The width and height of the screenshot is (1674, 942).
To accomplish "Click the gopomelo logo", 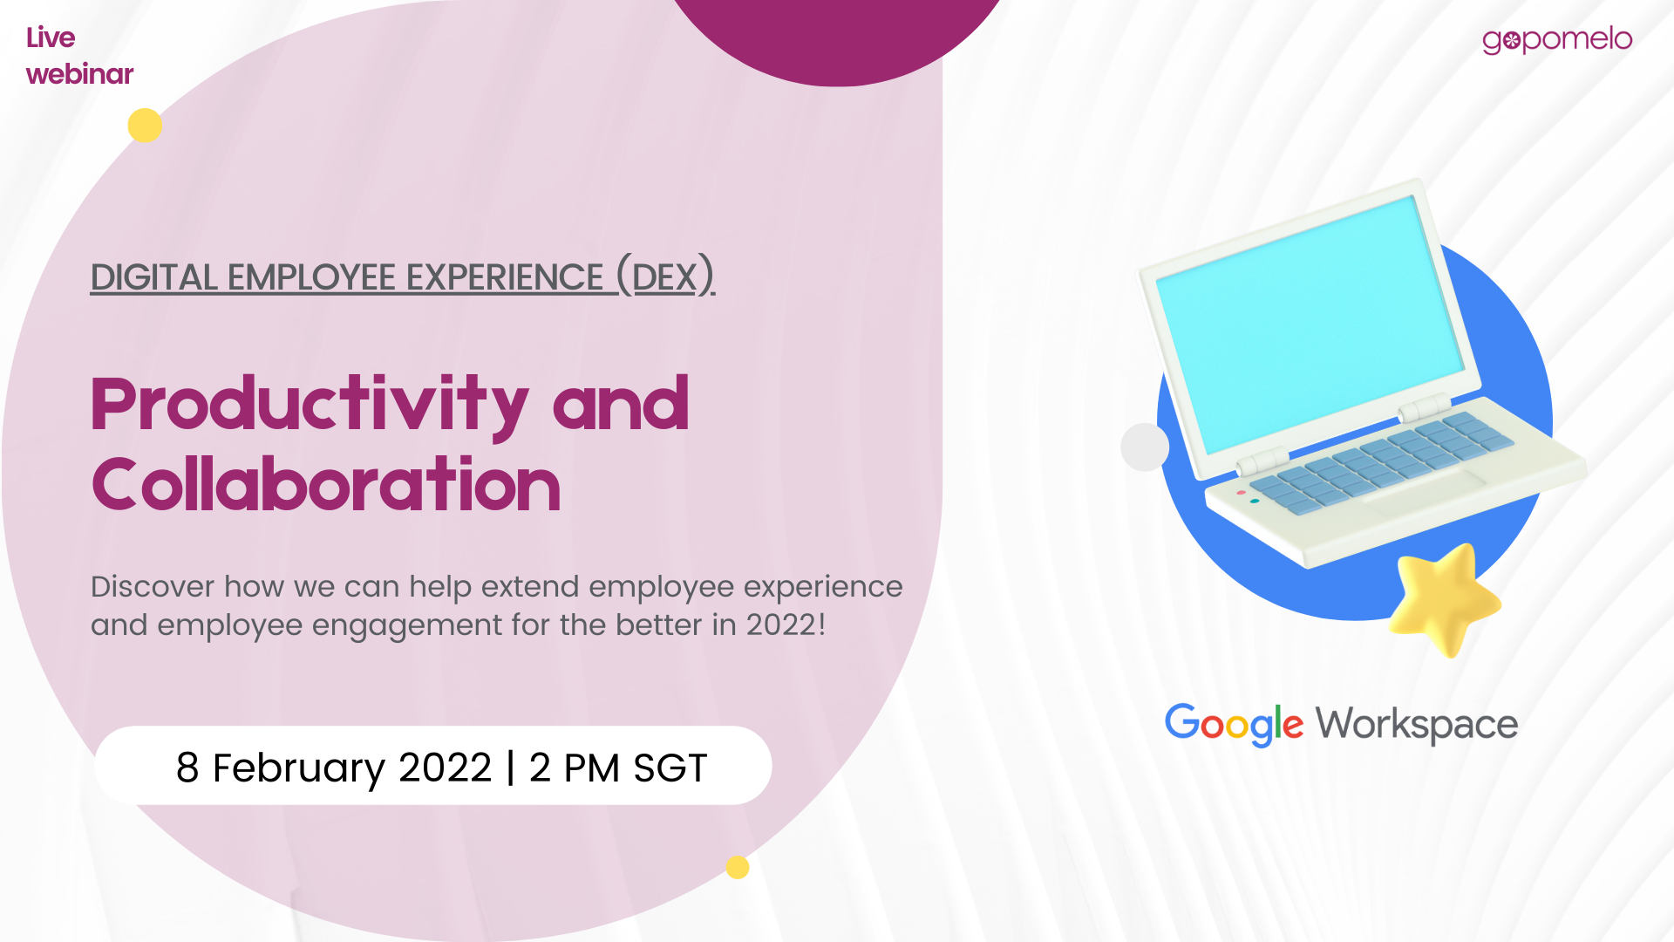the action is [1557, 40].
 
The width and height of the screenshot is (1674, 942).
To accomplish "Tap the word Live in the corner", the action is [51, 38].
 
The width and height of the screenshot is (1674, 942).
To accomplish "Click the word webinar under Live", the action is [79, 74].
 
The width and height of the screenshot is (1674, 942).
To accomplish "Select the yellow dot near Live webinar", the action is [145, 126].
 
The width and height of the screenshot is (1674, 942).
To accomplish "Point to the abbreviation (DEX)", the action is [665, 276].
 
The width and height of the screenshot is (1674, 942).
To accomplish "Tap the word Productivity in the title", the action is [310, 405].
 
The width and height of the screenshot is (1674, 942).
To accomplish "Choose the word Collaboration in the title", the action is [326, 484].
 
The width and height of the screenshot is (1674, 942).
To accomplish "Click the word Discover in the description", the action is [152, 586].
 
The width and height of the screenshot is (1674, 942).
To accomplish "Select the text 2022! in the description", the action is [786, 625].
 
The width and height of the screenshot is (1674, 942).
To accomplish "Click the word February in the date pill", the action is [298, 768].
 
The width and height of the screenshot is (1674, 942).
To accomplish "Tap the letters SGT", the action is [670, 768].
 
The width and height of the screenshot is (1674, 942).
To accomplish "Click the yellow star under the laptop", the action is [1443, 599].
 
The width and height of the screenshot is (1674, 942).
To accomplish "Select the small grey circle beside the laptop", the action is [1145, 447].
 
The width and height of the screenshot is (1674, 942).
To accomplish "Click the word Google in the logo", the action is [1234, 725].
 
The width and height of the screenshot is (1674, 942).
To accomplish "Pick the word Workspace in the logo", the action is [1417, 725].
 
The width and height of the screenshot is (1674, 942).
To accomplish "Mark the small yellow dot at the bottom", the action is [738, 867].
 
